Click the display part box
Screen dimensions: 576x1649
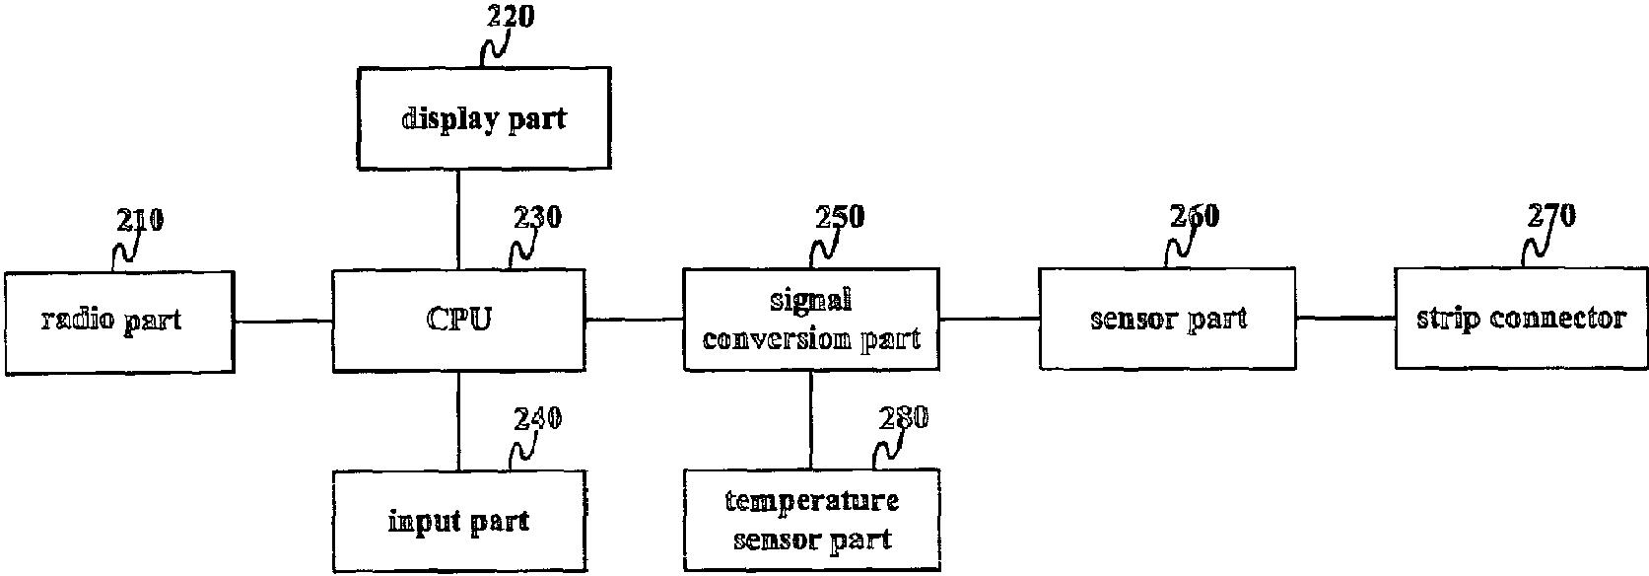coord(483,118)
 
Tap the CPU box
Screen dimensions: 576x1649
coord(459,321)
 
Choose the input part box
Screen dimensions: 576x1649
coord(458,521)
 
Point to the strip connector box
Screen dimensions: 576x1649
coord(1521,319)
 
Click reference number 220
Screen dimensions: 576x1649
coord(511,17)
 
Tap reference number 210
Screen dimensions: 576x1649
coord(140,220)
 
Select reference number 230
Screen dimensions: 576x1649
coord(537,217)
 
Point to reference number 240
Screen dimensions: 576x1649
coord(537,419)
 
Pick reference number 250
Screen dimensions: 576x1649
coord(839,217)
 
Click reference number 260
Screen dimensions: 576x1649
coord(1194,216)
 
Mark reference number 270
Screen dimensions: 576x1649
coord(1550,215)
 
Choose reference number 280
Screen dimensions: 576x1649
coord(903,418)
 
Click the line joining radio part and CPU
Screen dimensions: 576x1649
coord(284,321)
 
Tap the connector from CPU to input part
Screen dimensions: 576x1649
coord(458,421)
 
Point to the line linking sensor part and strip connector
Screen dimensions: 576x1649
coord(1345,318)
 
